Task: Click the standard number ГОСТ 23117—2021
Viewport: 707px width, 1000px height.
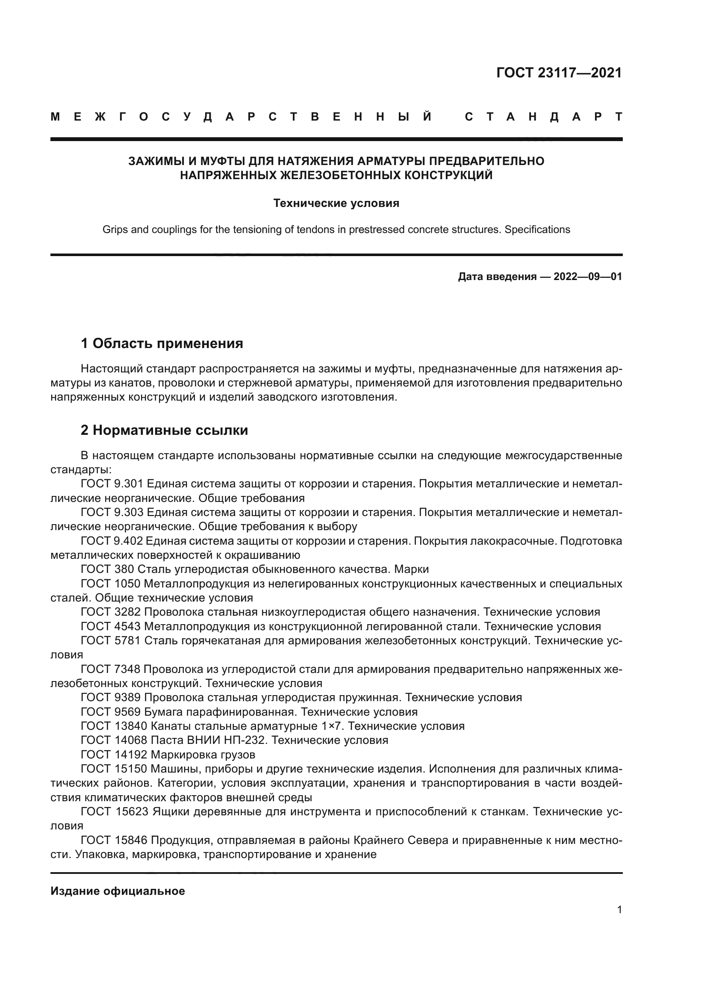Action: (559, 73)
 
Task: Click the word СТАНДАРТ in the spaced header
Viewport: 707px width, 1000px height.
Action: (543, 117)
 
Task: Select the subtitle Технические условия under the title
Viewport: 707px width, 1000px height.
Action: (336, 204)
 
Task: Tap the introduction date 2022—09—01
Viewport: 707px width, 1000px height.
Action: (588, 277)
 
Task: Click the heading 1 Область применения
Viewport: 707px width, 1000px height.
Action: (162, 344)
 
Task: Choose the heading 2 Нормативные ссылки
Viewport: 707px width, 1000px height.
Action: (164, 431)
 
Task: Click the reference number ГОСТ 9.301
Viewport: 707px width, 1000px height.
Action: (112, 484)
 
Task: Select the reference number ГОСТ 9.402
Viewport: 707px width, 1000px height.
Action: (112, 541)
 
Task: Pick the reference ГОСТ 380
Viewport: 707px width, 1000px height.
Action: (108, 569)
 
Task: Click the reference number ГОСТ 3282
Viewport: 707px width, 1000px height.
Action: (111, 612)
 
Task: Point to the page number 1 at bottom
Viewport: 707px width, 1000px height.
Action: (619, 909)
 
